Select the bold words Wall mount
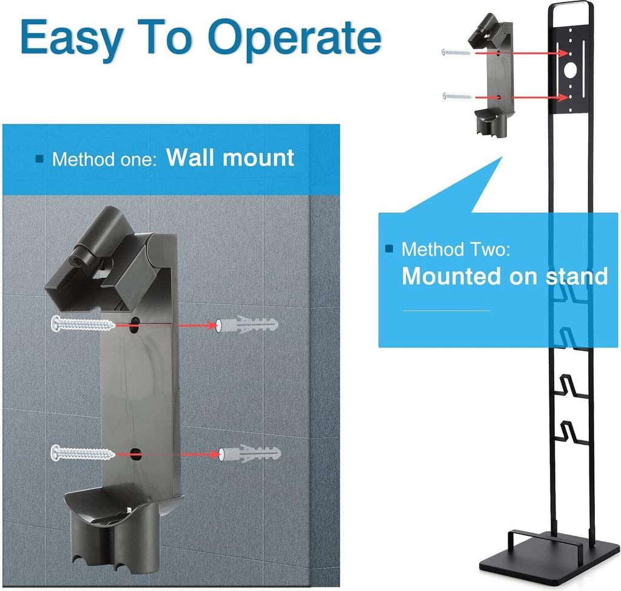[x=230, y=157]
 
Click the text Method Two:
[x=456, y=249]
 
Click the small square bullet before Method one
[x=39, y=159]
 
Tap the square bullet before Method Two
[x=389, y=249]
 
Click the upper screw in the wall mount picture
[x=83, y=324]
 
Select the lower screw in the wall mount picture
[x=83, y=453]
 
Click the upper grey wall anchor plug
[x=247, y=325]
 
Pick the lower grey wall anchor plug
[x=250, y=453]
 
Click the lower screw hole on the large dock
[x=135, y=454]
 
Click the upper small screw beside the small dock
[x=456, y=52]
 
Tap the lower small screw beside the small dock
[x=457, y=96]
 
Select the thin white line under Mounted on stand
[x=446, y=311]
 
